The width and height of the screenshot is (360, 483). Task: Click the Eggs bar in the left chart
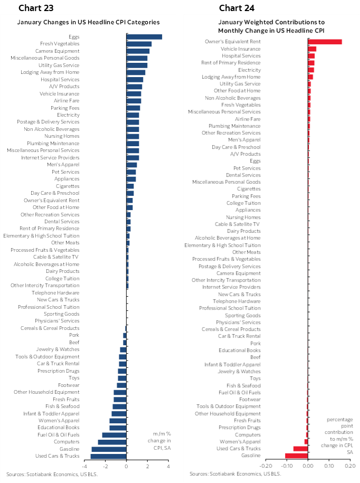tap(144, 36)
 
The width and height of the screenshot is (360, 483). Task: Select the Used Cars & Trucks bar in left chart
tap(108, 456)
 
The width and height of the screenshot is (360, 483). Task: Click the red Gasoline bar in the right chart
tap(296, 455)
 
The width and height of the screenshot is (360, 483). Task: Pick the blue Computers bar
tap(112, 442)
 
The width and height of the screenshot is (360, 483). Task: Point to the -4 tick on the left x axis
tap(84, 466)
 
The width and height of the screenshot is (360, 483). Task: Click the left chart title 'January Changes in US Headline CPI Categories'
tap(88, 22)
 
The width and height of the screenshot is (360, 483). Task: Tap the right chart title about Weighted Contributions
tap(271, 26)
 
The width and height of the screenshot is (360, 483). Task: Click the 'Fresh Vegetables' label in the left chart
tap(60, 43)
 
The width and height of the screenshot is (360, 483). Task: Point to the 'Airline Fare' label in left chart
tap(67, 100)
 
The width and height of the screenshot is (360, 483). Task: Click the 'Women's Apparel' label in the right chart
tap(243, 441)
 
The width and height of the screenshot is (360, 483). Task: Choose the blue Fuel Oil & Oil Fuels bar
tap(114, 434)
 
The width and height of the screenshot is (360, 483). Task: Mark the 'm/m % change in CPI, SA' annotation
tap(158, 441)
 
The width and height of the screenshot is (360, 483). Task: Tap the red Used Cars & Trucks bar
tap(300, 448)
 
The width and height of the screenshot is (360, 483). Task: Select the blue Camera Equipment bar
tap(138, 51)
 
